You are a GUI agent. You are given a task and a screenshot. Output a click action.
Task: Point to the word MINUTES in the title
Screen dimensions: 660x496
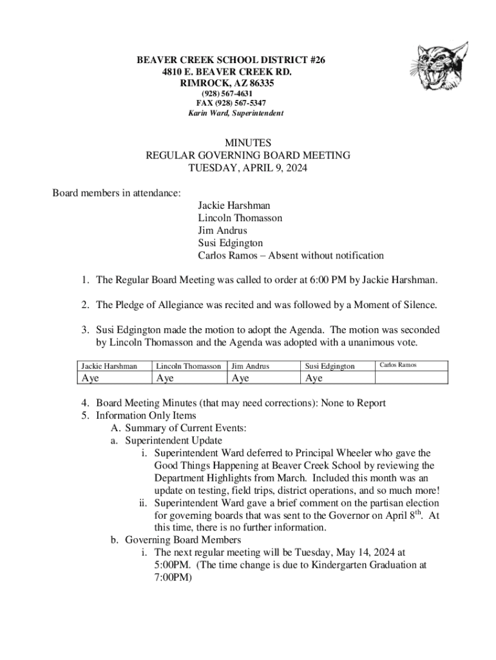click(248, 142)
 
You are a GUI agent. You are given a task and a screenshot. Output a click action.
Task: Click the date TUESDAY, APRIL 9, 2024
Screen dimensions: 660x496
click(248, 169)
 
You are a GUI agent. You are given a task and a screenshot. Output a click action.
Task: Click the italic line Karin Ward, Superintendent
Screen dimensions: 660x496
click(235, 113)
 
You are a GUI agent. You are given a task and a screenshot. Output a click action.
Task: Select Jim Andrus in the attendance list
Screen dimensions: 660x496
click(222, 231)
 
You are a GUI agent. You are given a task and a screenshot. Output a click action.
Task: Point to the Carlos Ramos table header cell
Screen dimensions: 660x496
click(398, 365)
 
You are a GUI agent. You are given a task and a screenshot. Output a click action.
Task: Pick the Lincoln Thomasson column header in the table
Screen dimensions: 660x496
click(189, 366)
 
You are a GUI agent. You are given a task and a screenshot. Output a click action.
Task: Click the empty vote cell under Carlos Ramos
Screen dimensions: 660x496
click(410, 378)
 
